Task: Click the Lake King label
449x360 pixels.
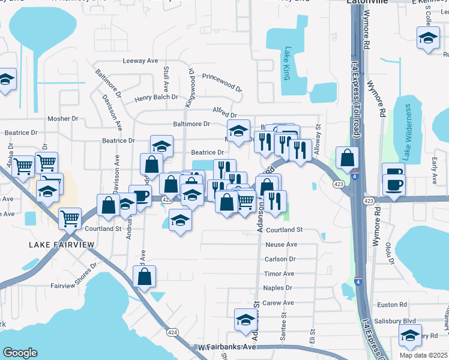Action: click(287, 64)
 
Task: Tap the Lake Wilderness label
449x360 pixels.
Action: click(407, 133)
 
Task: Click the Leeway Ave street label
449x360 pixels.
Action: click(140, 61)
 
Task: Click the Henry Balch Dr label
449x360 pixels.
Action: click(157, 97)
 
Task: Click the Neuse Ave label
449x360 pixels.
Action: click(282, 245)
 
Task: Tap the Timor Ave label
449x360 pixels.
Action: click(279, 274)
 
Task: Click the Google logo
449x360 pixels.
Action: click(20, 353)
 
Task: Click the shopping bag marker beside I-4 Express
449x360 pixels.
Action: click(347, 158)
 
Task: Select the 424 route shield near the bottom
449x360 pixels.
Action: click(173, 332)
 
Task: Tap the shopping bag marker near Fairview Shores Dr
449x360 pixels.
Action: click(144, 277)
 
